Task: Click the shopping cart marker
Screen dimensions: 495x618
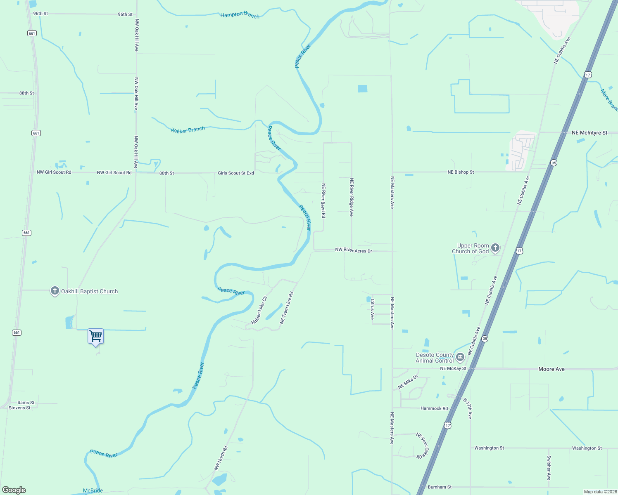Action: (95, 337)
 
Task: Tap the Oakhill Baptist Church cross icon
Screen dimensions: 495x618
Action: (55, 291)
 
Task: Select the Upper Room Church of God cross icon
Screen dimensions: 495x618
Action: (495, 248)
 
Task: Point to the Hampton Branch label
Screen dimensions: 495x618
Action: (240, 15)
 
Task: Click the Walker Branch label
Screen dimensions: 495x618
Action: (188, 130)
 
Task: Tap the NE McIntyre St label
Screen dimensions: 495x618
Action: (589, 133)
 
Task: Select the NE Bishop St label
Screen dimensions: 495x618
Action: (461, 172)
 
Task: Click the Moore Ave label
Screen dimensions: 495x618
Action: (551, 369)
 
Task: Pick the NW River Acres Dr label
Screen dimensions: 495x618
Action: (354, 250)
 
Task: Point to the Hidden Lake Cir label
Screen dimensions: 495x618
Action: (259, 310)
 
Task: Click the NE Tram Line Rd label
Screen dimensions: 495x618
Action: (287, 308)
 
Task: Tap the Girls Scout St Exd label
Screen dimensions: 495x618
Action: (236, 173)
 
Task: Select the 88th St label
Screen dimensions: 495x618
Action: (26, 93)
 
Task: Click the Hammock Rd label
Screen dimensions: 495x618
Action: (434, 408)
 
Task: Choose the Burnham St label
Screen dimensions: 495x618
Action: (440, 487)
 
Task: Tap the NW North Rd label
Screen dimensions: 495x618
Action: (221, 458)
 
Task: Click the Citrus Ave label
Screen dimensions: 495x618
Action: (372, 309)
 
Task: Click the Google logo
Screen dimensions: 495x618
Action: (14, 490)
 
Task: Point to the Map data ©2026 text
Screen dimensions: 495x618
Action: (599, 492)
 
